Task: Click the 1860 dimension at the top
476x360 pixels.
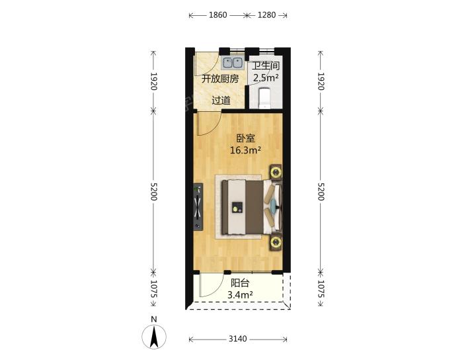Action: click(218, 15)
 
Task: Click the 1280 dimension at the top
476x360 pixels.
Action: click(266, 15)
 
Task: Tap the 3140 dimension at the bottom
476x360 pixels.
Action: click(238, 339)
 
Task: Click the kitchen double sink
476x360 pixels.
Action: click(233, 63)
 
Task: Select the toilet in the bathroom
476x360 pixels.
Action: click(264, 98)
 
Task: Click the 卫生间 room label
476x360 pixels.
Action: click(266, 66)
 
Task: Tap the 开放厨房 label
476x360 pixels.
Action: click(220, 79)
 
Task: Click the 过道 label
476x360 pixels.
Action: click(221, 101)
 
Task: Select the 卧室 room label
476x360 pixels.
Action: click(245, 139)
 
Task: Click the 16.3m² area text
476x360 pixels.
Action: click(245, 150)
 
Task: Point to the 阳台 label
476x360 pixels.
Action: click(240, 283)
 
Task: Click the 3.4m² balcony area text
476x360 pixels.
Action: click(240, 294)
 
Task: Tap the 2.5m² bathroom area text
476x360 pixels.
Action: click(266, 78)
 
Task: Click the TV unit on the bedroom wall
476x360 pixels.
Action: click(198, 207)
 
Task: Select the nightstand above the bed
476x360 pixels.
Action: click(276, 173)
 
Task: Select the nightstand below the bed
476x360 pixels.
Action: click(276, 242)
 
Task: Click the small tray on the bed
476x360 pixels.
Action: click(237, 207)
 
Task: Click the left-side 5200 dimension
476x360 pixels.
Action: click(153, 191)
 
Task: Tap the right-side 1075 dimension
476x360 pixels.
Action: click(321, 289)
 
